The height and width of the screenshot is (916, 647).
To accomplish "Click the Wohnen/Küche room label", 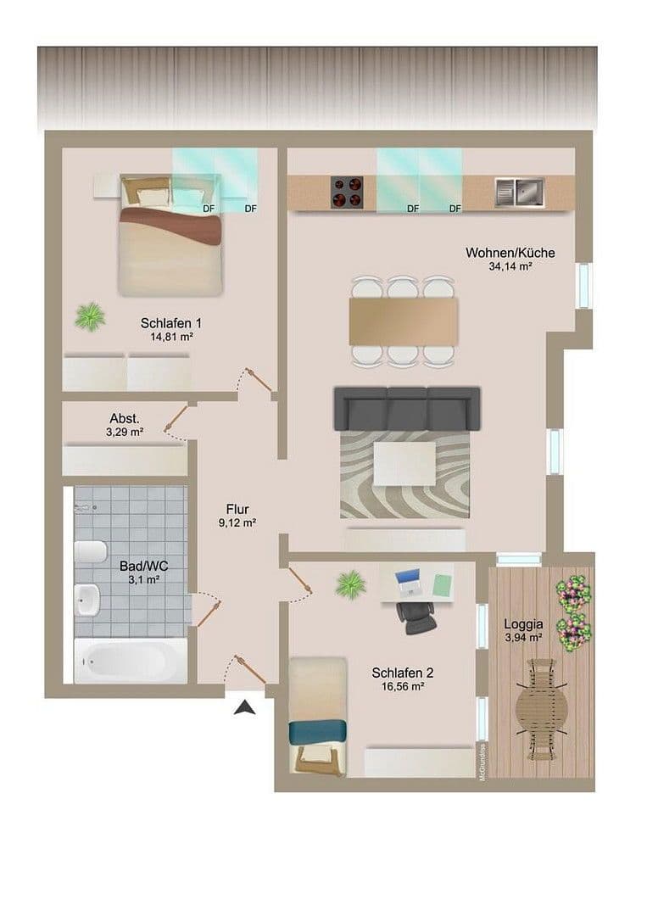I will pyautogui.click(x=510, y=253).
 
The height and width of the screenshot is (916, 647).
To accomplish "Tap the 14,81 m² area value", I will pyautogui.click(x=171, y=337).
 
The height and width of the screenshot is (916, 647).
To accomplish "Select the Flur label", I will pyautogui.click(x=237, y=509).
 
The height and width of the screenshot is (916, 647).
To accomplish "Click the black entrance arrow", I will pyautogui.click(x=246, y=707).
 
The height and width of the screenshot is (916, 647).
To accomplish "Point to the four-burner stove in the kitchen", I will pyautogui.click(x=346, y=192).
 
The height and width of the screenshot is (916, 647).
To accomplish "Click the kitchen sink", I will pyautogui.click(x=519, y=192).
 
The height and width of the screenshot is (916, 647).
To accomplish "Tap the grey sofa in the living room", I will pyautogui.click(x=406, y=409).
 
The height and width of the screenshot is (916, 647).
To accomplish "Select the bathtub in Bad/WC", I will pyautogui.click(x=131, y=660).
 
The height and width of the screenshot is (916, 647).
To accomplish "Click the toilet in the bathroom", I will pyautogui.click(x=90, y=551).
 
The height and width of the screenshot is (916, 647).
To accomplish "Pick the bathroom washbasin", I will pyautogui.click(x=87, y=600).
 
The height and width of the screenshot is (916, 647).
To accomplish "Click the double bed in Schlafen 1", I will pyautogui.click(x=170, y=236).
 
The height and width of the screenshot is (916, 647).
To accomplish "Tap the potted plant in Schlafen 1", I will pyautogui.click(x=89, y=317).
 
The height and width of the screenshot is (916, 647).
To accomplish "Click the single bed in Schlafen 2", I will pyautogui.click(x=317, y=717).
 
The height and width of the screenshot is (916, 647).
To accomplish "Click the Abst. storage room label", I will pyautogui.click(x=125, y=419).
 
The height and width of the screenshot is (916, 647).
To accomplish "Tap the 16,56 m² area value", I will pyautogui.click(x=403, y=688).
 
